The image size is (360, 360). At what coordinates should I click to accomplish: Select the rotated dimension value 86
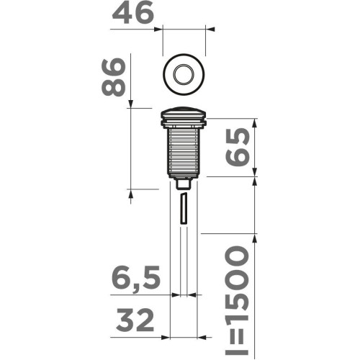pos(114,77)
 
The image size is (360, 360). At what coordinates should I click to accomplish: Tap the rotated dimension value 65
pos(238,147)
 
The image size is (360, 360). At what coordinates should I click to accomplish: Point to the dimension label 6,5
pos(136,278)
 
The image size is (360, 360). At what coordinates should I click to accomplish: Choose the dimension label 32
pos(135,320)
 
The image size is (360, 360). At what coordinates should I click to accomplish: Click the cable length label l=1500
pos(236,300)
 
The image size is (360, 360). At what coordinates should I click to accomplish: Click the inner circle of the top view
pos(184,74)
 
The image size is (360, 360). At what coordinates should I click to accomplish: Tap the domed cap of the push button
pos(184,111)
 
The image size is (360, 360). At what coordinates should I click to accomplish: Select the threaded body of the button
pos(184,152)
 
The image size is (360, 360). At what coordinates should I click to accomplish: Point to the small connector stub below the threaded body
pos(184,184)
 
